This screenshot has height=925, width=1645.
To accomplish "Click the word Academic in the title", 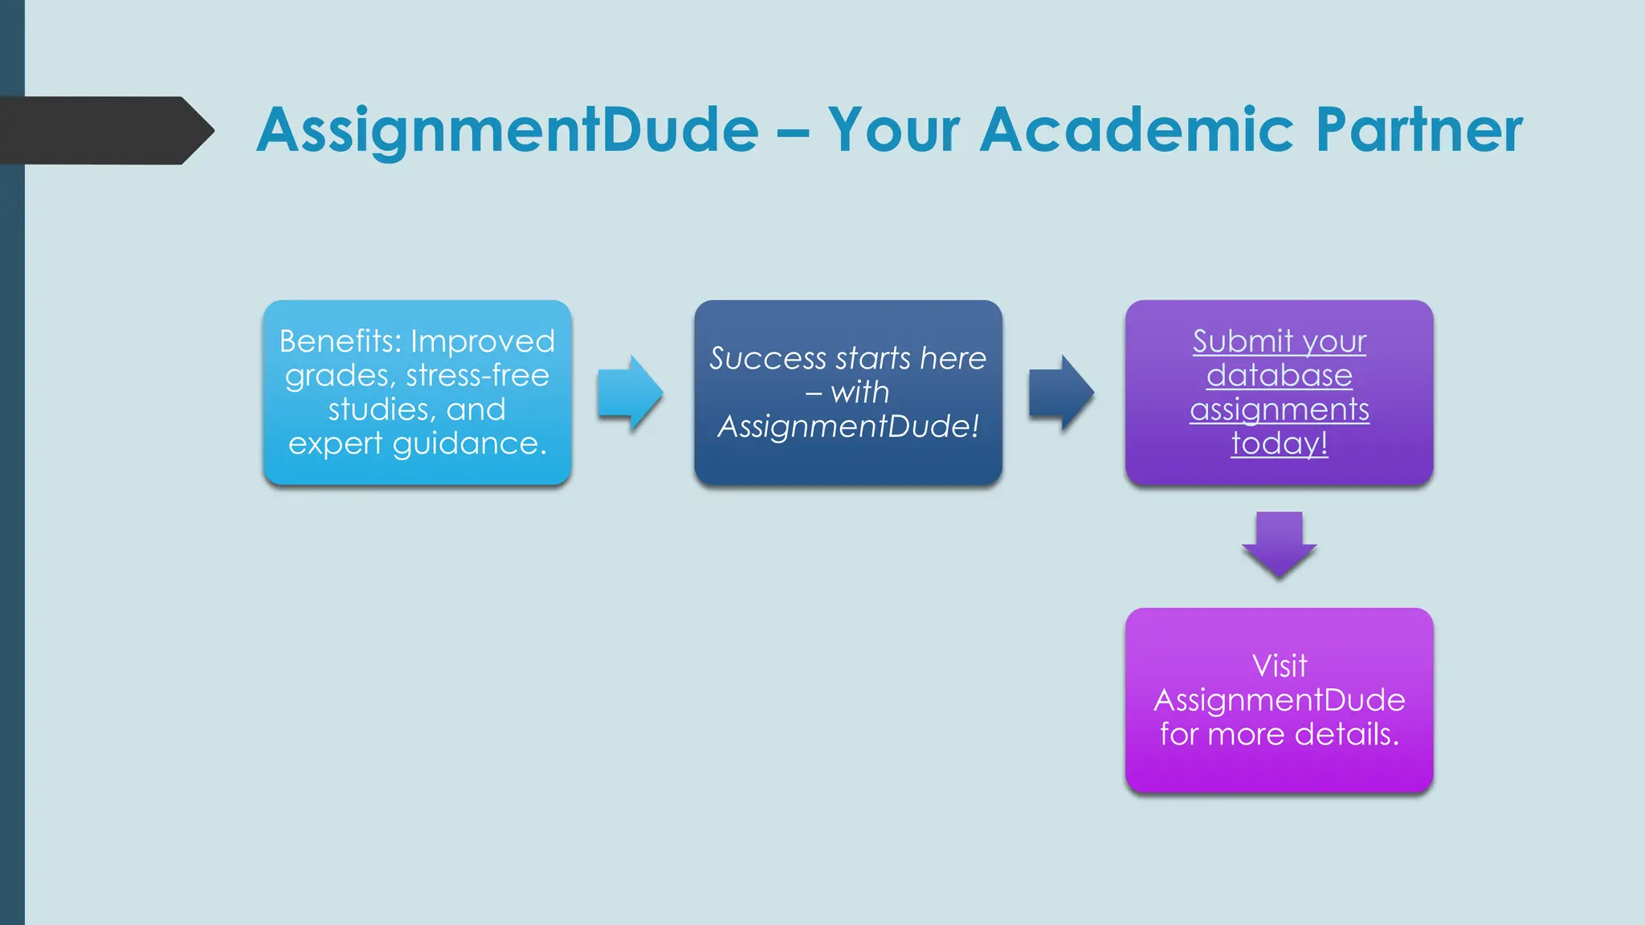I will coord(1137,130).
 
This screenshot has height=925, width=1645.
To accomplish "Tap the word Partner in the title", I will coord(1418,130).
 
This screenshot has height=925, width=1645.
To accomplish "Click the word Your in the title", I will coord(894,130).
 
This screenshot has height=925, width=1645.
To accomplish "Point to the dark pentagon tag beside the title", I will coord(104,130).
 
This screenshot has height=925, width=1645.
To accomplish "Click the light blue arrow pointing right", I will coord(631,393).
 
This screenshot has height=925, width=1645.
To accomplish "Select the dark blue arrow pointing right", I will coord(1061,393).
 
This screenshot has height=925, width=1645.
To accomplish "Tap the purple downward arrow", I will coord(1279,544).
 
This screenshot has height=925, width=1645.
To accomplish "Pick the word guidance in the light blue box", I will coord(469,444).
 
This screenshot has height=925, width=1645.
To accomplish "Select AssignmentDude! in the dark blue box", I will coord(848,426).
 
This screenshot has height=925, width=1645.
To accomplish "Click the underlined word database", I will coord(1279,376).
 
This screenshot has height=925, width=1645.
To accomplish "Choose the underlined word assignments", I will coord(1279,410).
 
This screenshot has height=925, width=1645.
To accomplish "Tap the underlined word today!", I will coord(1279,443).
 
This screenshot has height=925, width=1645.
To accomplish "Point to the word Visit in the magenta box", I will coord(1279,666).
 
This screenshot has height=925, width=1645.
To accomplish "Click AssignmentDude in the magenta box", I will coord(1279,700).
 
